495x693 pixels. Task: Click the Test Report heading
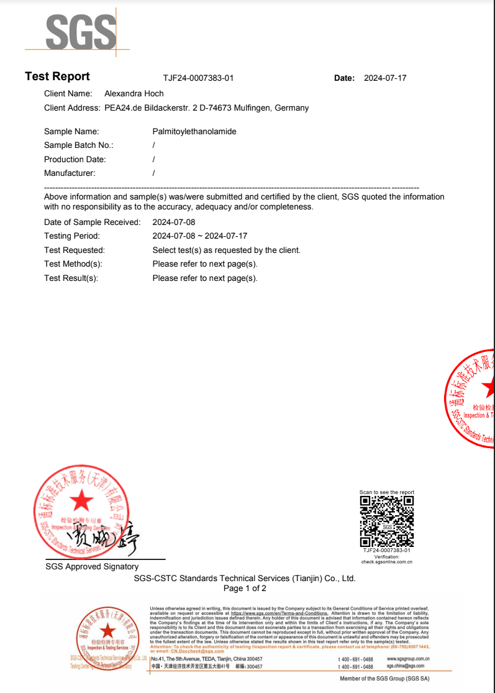(x=57, y=76)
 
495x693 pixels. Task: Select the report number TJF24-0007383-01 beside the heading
(x=198, y=78)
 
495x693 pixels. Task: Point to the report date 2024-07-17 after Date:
(x=385, y=78)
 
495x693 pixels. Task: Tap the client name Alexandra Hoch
(x=134, y=94)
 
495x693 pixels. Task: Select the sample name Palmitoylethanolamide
(x=194, y=132)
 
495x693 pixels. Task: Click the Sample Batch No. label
(x=79, y=145)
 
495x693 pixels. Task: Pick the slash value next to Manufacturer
(x=153, y=173)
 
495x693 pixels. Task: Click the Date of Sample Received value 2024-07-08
(x=174, y=222)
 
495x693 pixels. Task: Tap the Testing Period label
(x=72, y=236)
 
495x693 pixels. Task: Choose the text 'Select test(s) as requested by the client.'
(x=226, y=250)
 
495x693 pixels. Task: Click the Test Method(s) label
(x=73, y=264)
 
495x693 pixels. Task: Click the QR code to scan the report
(x=387, y=520)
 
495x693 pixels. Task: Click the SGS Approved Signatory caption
(x=92, y=567)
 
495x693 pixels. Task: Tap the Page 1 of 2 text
(x=245, y=589)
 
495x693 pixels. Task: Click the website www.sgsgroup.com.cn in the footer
(x=408, y=659)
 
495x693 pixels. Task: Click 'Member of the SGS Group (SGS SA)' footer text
(x=384, y=679)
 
